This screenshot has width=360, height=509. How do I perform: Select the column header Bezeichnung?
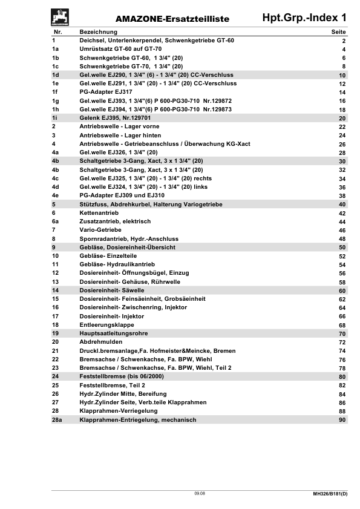[x=99, y=31]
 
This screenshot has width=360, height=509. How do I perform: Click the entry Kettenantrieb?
[x=99, y=213]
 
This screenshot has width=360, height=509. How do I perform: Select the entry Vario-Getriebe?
[x=100, y=230]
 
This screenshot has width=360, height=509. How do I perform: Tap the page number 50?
[x=342, y=248]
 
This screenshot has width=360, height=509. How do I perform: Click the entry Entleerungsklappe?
[x=106, y=325]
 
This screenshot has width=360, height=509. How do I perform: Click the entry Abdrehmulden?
[x=100, y=342]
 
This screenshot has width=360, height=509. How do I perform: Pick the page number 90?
[x=342, y=420]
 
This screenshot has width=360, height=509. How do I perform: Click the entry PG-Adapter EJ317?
[x=106, y=92]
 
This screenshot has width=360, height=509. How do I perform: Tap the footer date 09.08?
[x=199, y=494]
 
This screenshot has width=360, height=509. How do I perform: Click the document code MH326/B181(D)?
[x=326, y=495]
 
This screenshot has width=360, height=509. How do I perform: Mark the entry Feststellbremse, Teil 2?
[x=112, y=385]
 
